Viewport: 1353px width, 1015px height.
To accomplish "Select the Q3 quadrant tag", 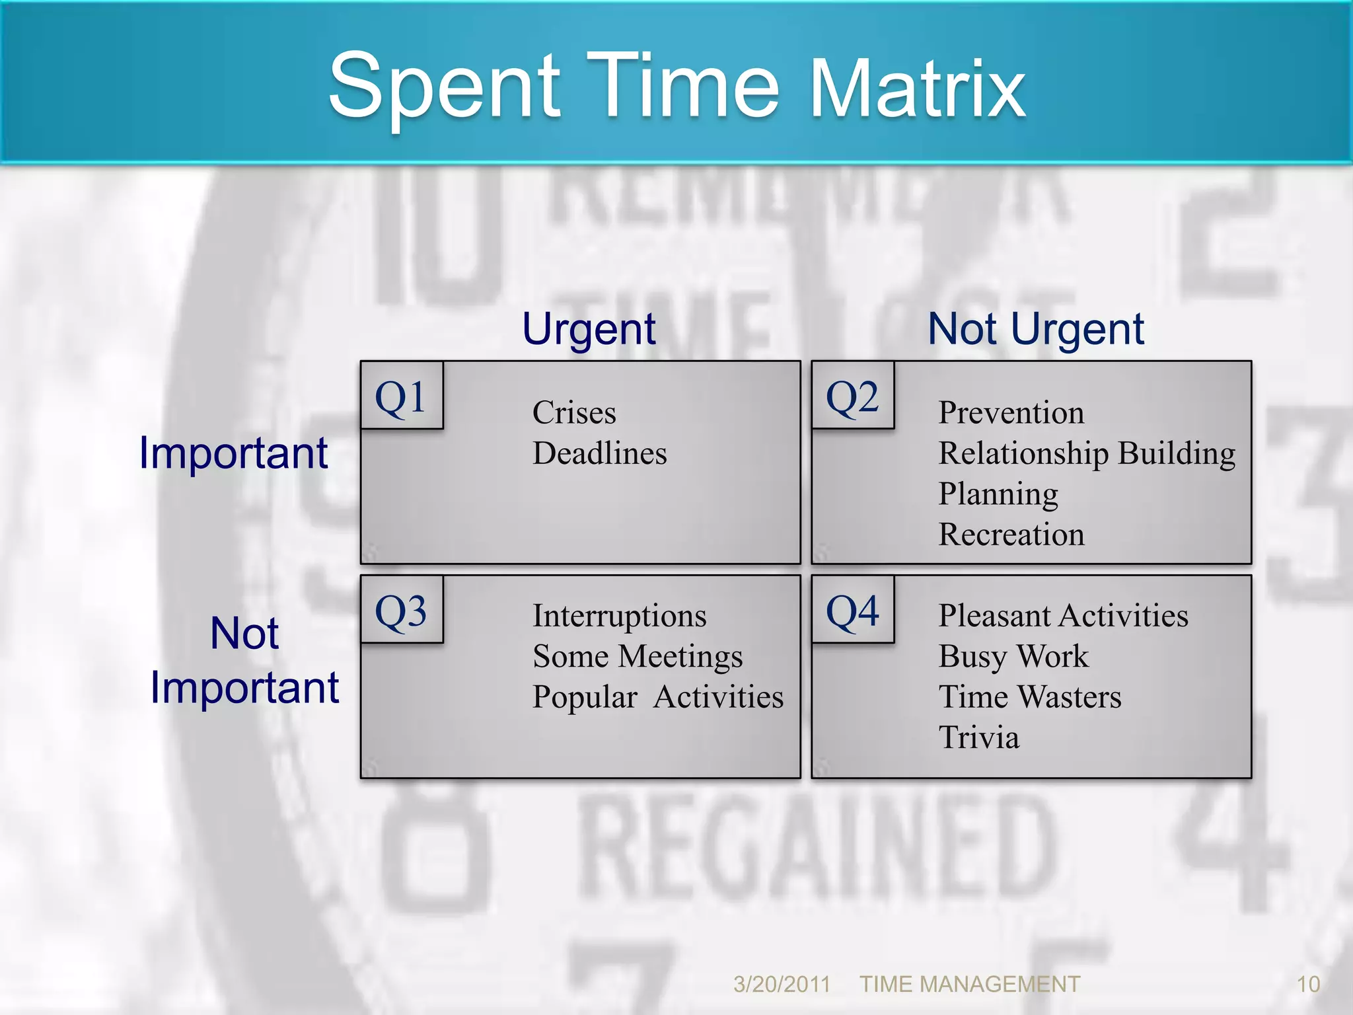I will click(401, 610).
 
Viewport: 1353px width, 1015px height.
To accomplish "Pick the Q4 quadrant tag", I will click(852, 610).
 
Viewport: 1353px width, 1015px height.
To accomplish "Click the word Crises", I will click(574, 413).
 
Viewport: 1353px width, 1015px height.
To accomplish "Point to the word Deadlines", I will click(599, 453).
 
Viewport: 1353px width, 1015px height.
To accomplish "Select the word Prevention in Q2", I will click(1011, 413).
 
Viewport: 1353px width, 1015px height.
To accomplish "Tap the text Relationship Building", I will click(1087, 453).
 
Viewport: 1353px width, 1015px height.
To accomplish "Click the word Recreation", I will click(1011, 534).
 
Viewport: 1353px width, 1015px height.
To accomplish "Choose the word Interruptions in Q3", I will click(619, 616).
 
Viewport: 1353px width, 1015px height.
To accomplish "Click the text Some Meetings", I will click(638, 656).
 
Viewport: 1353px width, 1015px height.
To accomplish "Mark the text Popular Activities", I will click(658, 697).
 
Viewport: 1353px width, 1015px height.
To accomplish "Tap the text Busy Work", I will click(1013, 656).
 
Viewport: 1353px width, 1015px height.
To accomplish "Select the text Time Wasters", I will click(1029, 697).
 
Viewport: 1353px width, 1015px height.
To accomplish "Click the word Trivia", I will click(978, 737).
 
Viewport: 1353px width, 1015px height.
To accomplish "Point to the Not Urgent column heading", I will click(1035, 329).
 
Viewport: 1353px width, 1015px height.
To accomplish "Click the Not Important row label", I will click(244, 660).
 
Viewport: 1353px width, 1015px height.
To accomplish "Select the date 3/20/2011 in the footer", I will click(782, 984).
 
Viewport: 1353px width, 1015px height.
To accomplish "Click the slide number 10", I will click(1308, 984).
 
